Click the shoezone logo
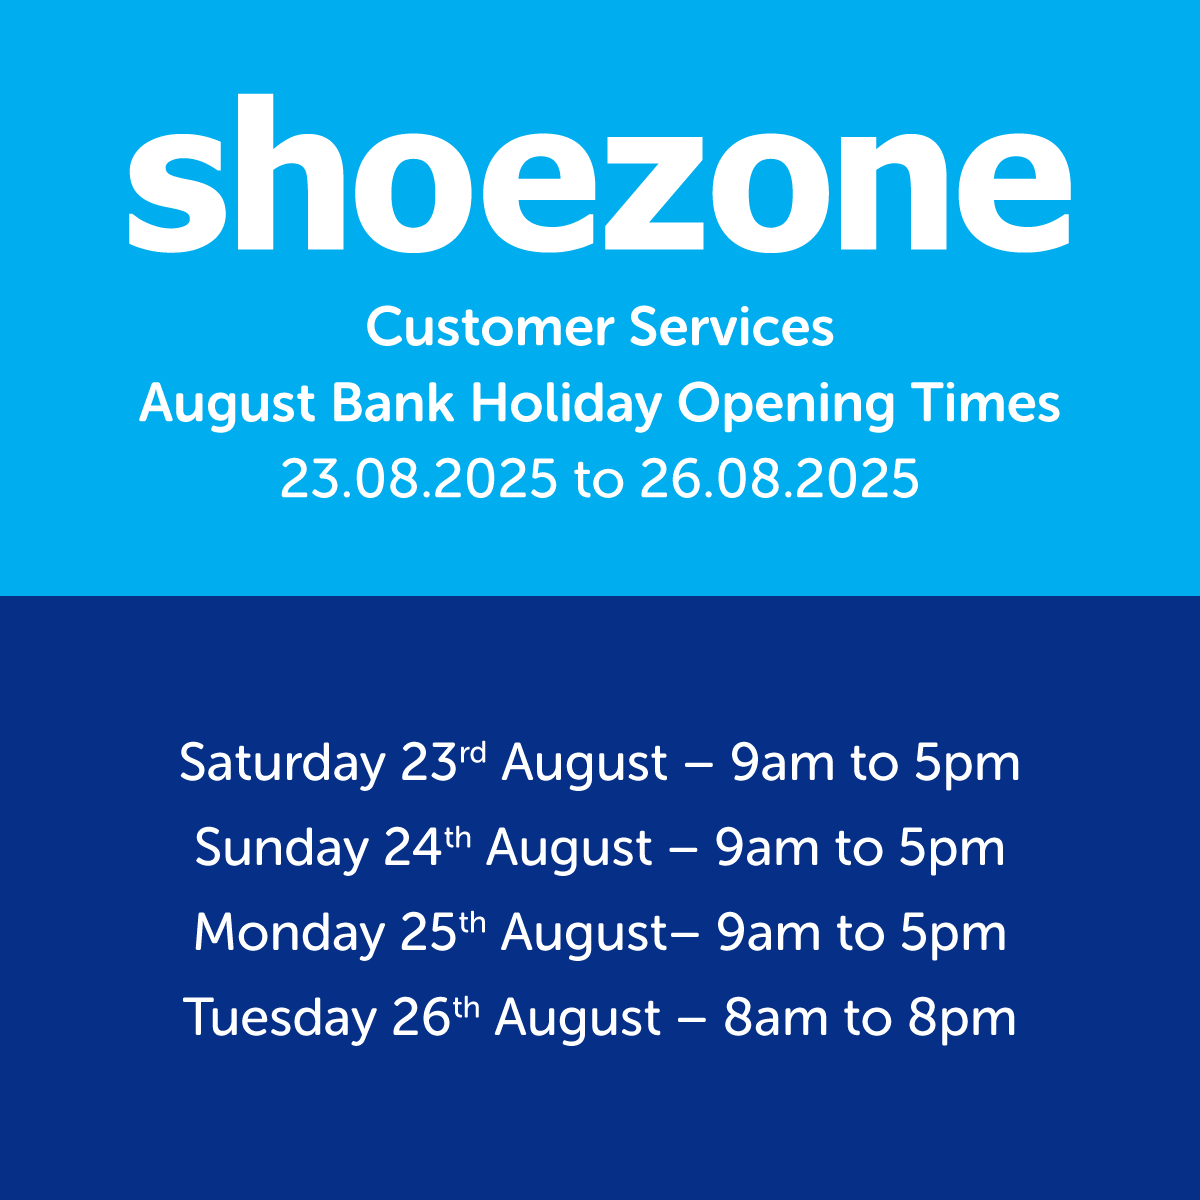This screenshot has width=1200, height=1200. coord(600,175)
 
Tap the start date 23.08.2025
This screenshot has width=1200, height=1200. coord(418,479)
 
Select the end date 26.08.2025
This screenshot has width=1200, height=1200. coord(779,479)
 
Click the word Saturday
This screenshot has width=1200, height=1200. coord(281,764)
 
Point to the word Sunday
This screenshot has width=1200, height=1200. coord(281,849)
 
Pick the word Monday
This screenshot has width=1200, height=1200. coord(288,934)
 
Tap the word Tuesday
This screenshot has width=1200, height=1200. coord(279,1019)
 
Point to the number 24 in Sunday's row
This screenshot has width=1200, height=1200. coord(412,849)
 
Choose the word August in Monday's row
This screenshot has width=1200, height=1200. coord(584,934)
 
